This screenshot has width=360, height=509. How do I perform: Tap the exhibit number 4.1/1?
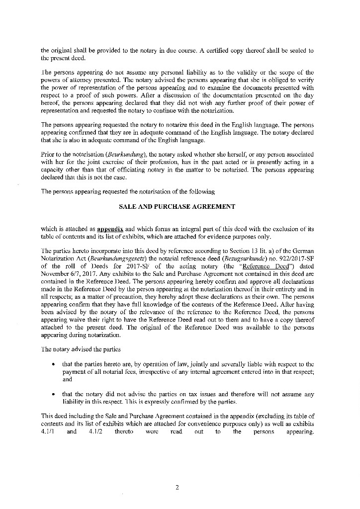click(x=47, y=432)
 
